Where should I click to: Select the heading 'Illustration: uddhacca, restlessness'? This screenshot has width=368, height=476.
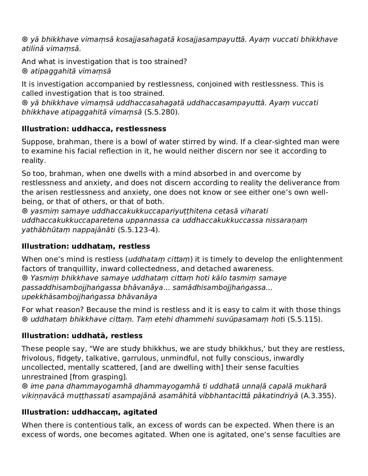point(94,129)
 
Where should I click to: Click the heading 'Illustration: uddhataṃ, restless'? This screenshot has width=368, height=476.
point(86,246)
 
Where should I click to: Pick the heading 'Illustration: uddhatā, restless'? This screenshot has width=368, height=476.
point(82,336)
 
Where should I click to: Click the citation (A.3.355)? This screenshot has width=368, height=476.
point(318,396)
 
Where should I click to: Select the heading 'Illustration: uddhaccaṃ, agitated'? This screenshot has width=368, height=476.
point(89,412)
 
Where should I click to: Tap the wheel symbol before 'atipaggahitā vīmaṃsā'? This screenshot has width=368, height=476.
point(25,71)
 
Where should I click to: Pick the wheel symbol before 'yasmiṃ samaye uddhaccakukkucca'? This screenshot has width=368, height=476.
point(25,211)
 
